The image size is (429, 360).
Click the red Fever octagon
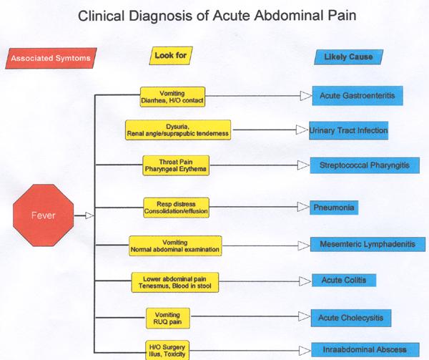point(44,213)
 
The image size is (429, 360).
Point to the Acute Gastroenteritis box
point(357,94)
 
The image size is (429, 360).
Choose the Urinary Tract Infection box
point(349,131)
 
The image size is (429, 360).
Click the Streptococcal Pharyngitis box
point(365,165)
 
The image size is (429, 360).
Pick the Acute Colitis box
point(344,280)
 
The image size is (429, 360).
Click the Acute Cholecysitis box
point(355,316)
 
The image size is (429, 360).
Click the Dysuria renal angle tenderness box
point(177,130)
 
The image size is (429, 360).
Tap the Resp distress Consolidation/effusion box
point(174,208)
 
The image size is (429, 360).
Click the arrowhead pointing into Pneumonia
point(303,208)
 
